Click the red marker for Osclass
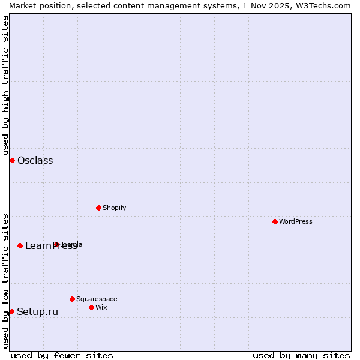coord(12,160)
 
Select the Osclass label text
coord(35,160)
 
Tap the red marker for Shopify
coord(98,208)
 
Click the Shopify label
coord(114,208)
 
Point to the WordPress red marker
coord(275,221)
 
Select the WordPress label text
coord(295,221)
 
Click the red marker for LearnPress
coord(20,245)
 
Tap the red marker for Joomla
coord(56,244)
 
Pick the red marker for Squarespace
coord(72,299)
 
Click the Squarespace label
coord(97,299)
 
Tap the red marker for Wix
coord(91,307)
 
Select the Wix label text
coord(101,307)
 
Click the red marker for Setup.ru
coord(11,311)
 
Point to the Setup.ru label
coord(37,311)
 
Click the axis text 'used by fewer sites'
coord(62,355)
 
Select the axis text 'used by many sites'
coord(301,355)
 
